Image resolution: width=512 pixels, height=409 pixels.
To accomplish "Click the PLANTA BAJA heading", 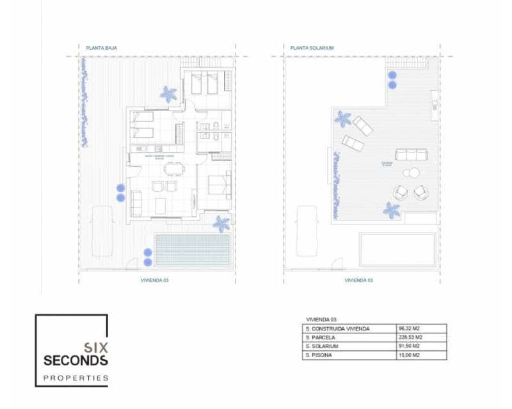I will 101,47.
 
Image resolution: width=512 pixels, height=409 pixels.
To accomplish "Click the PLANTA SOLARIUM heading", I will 312,47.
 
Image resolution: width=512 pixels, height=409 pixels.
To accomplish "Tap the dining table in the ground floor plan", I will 172,169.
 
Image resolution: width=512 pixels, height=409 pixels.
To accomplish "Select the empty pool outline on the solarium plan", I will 397,250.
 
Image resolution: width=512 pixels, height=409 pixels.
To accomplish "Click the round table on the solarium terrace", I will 410,173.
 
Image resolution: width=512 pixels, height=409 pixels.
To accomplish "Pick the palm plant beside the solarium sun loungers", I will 342,118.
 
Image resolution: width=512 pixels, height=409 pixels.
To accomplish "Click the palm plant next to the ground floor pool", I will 221,224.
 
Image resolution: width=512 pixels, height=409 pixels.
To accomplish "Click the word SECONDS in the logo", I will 76,360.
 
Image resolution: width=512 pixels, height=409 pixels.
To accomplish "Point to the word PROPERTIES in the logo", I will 76,378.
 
